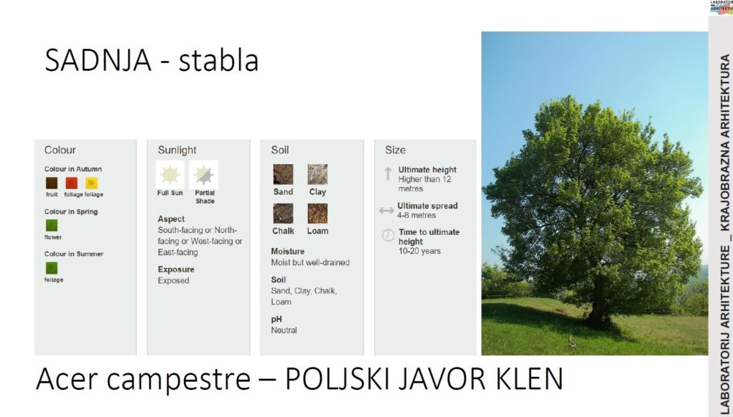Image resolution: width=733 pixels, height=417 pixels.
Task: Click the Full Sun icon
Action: [x=170, y=175]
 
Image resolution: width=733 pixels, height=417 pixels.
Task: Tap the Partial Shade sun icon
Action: [x=204, y=175]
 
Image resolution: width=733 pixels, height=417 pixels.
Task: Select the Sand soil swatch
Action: [x=283, y=174]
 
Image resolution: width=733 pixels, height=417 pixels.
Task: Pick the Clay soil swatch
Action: [x=317, y=174]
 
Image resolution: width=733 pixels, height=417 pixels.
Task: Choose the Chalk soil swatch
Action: [x=283, y=214]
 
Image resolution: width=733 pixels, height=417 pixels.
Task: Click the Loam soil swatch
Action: [x=317, y=214]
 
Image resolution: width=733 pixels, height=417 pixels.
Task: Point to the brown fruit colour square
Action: [x=52, y=183]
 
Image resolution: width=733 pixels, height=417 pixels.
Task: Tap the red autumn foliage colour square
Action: [x=72, y=183]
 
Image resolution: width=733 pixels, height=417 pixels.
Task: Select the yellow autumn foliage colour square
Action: [x=92, y=183]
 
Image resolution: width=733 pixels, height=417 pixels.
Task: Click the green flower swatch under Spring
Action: [x=52, y=226]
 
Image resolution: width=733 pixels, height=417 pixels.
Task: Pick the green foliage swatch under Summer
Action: [x=52, y=268]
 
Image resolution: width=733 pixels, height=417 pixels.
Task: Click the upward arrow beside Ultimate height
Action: [x=388, y=174]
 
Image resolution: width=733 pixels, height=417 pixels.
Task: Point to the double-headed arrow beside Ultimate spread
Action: [x=386, y=211]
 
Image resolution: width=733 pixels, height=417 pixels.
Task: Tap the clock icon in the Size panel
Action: [x=388, y=236]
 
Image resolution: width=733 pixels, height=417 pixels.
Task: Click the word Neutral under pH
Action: [x=283, y=330]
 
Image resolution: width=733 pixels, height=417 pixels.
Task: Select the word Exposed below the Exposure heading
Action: [x=173, y=281]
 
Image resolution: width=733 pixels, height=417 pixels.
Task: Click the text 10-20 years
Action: [x=419, y=251]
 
